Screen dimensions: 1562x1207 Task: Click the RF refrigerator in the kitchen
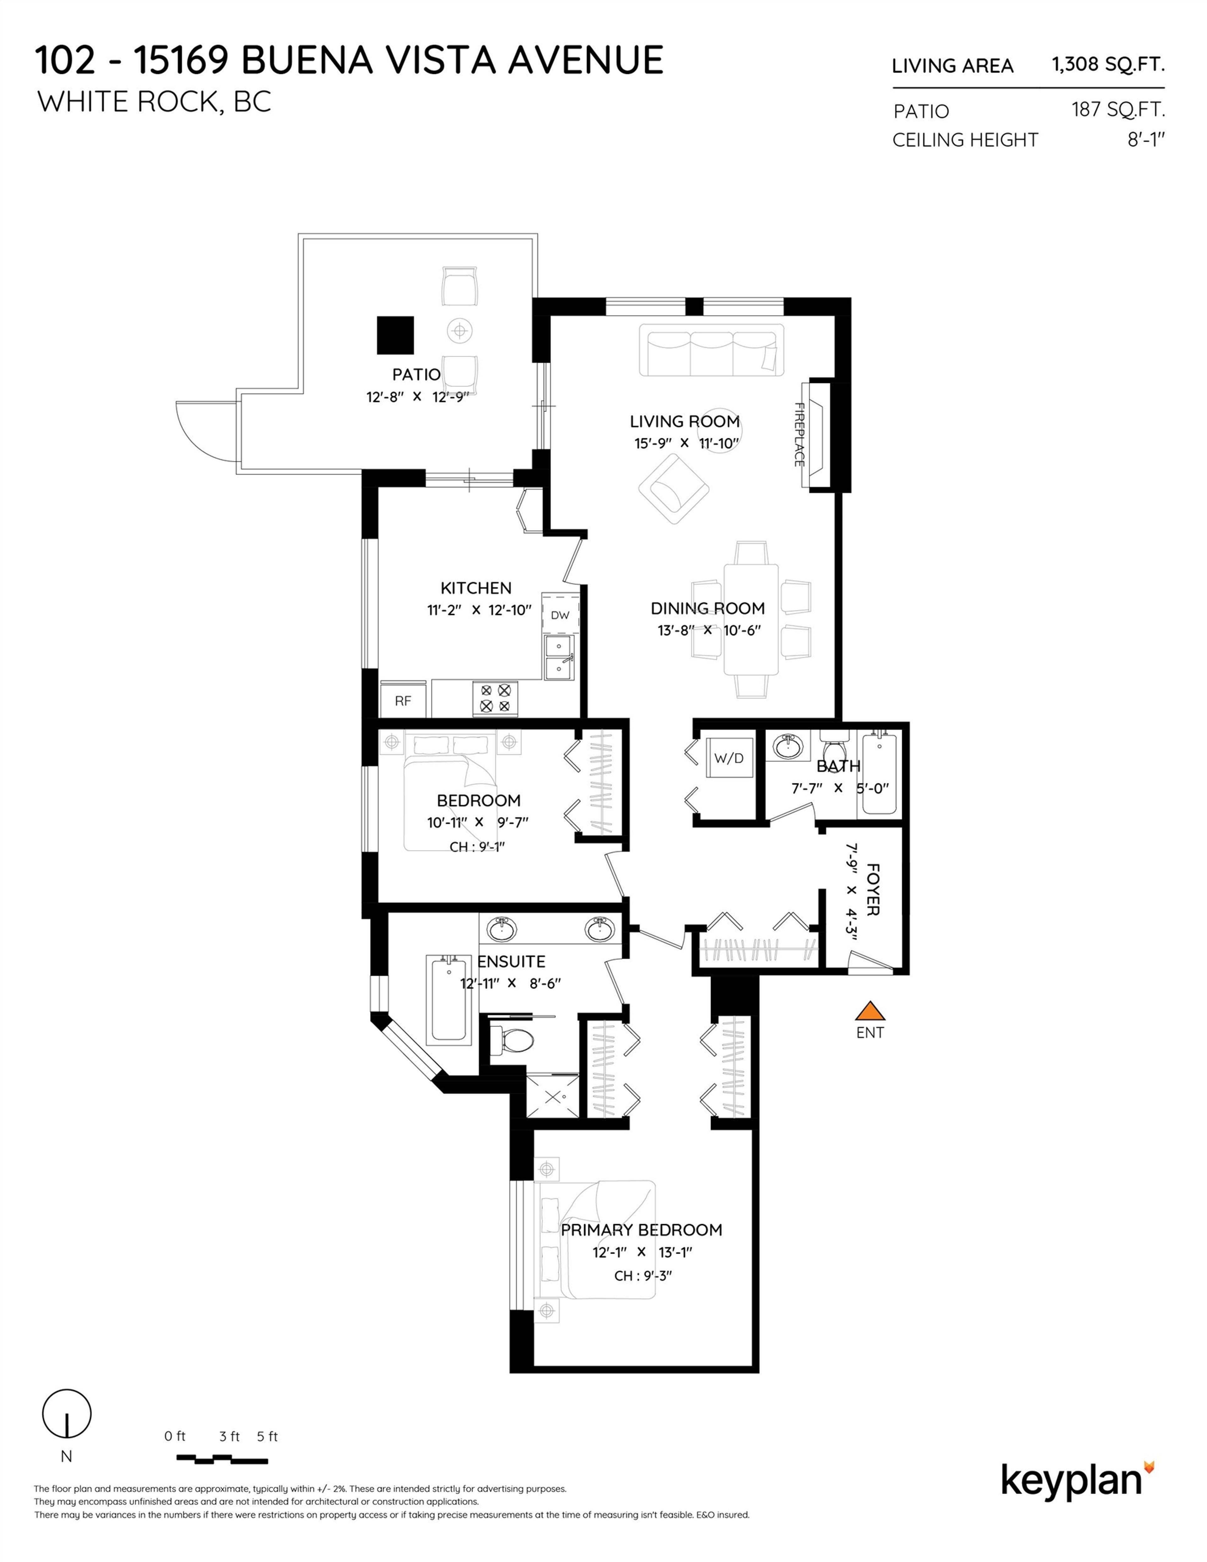403,700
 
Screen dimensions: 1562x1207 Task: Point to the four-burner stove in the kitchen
495,698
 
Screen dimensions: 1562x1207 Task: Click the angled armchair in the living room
673,489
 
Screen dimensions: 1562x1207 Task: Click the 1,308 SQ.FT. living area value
1108,64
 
